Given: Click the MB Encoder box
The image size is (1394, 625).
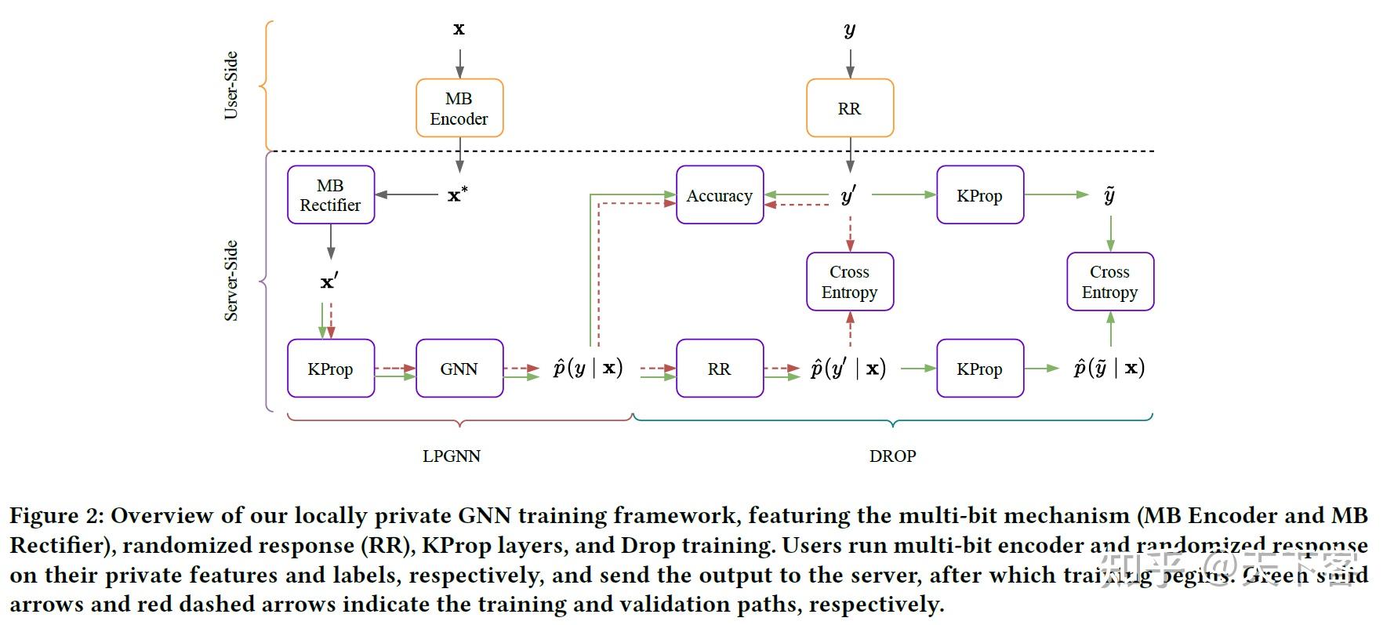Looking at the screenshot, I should (459, 108).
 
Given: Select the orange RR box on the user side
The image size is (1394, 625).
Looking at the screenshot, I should (850, 108).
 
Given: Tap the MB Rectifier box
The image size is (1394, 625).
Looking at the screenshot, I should (330, 195).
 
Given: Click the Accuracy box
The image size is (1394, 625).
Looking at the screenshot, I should (719, 195).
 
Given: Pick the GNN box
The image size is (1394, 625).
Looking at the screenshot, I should (459, 369).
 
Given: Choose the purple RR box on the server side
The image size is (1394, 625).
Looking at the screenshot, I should (719, 369).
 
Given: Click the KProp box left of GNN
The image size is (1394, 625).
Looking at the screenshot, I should (330, 369).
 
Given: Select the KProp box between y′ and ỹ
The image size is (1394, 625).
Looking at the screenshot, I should (979, 195).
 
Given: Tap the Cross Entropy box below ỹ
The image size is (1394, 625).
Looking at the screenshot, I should (1109, 282).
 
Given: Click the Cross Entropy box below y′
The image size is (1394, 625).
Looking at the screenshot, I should (850, 282).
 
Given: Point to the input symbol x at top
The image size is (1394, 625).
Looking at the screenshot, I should (459, 30).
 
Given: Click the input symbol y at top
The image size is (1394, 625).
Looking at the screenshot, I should (850, 31).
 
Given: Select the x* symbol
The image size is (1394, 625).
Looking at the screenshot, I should (457, 194).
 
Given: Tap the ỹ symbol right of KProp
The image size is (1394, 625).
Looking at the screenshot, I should (1109, 195).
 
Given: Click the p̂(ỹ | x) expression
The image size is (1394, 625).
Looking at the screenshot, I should (1109, 368).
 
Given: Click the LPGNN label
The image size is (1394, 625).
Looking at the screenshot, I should (451, 456).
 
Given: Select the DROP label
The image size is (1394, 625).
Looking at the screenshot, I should (892, 456).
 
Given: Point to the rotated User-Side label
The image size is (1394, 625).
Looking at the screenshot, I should (231, 85).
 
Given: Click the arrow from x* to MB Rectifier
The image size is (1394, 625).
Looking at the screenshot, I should (406, 194).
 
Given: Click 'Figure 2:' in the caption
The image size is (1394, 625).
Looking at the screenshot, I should (56, 516).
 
